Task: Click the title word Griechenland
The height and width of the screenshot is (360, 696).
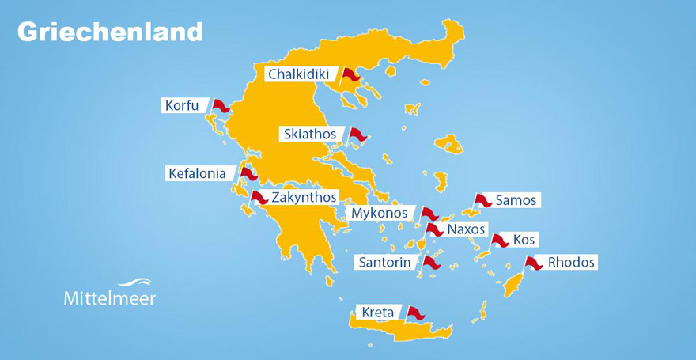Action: [x=110, y=32]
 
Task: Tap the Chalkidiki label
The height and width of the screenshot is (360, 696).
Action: [x=298, y=74]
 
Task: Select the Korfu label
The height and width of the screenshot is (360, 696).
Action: [x=182, y=105]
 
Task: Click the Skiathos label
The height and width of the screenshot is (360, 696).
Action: [x=309, y=134]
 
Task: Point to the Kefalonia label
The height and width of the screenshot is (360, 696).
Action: [x=197, y=173]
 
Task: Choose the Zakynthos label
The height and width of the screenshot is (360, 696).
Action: [x=304, y=197]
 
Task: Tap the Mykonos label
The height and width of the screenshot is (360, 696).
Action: [x=380, y=213]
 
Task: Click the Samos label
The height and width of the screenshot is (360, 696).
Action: [x=516, y=200]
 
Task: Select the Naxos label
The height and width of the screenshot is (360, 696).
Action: [x=467, y=229]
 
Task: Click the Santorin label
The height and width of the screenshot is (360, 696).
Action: [x=384, y=262]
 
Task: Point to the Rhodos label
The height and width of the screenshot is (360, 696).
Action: [x=571, y=262]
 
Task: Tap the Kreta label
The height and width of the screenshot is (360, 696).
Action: [x=377, y=313]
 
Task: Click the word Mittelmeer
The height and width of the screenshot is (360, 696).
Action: [x=109, y=298]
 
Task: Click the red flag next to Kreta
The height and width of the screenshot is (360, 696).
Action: [x=415, y=313]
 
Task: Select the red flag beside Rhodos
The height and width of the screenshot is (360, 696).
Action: [x=534, y=263]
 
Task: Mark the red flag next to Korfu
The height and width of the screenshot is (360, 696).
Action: [x=220, y=105]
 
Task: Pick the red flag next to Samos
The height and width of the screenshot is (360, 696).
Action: [x=482, y=201]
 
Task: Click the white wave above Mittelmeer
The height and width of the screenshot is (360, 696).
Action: [x=134, y=282]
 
